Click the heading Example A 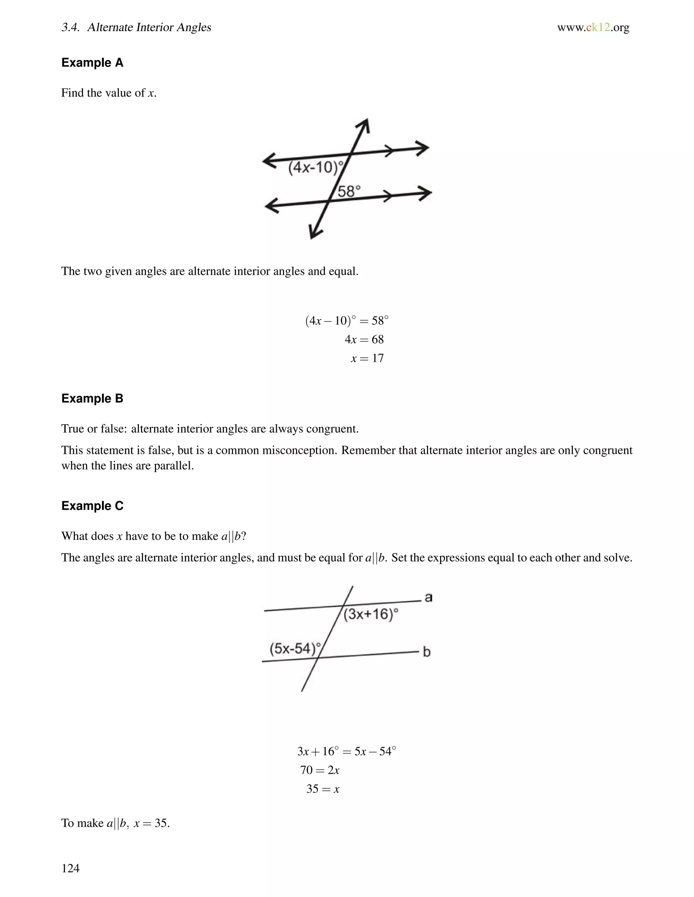[x=92, y=63]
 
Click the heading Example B [x=92, y=398]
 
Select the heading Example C [x=92, y=506]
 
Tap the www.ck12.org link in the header [x=593, y=27]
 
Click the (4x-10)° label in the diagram [x=315, y=168]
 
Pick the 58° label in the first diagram [x=349, y=191]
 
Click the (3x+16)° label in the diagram [x=371, y=614]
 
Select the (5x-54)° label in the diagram [x=295, y=649]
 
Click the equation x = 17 [x=367, y=358]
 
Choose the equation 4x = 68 [x=364, y=339]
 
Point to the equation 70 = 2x [x=320, y=770]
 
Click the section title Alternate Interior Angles [x=149, y=27]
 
